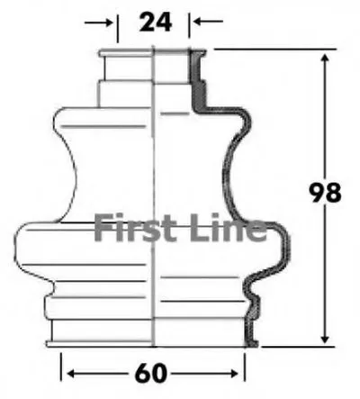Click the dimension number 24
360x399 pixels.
point(156,22)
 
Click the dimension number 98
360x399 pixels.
point(325,193)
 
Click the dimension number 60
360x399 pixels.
point(151,373)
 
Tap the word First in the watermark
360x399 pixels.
point(136,227)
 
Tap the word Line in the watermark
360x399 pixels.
point(228,227)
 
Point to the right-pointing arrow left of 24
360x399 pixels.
point(98,23)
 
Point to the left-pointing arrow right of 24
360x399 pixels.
point(208,22)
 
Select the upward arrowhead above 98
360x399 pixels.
point(324,59)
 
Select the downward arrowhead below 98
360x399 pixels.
point(324,338)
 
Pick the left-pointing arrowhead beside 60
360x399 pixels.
point(72,374)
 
